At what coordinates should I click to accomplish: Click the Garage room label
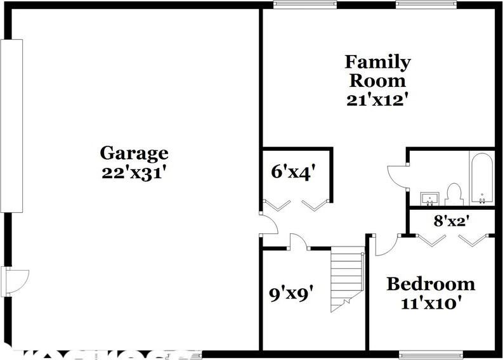134,153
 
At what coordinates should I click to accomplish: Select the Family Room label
377,71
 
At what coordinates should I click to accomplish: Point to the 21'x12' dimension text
377,100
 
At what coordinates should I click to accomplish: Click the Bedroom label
431,283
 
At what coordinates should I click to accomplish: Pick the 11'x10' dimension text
431,302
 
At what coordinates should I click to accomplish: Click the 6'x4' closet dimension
293,172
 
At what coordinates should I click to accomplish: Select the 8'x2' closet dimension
451,221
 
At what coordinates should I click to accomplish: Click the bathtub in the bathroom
481,177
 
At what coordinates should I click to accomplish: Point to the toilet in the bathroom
454,193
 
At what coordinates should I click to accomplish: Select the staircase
346,280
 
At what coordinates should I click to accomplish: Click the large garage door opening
11,125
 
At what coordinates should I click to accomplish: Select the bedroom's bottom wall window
431,354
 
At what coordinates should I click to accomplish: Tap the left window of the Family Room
305,4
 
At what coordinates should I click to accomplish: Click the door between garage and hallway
267,224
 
